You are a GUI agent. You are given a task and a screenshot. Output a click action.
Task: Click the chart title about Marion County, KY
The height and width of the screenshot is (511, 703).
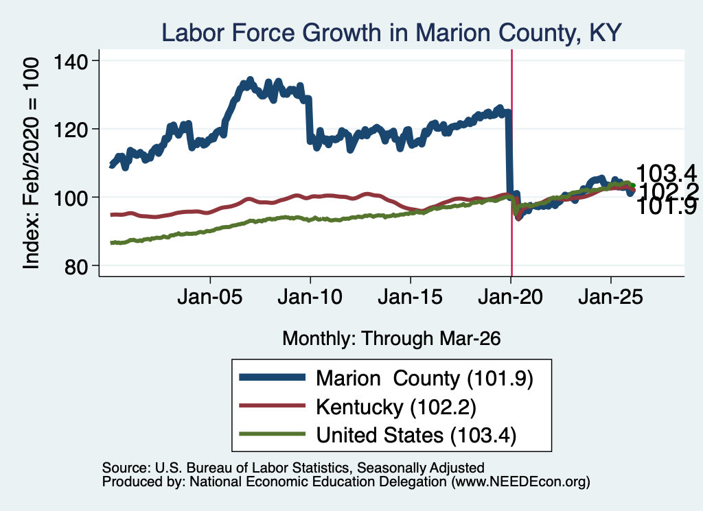(x=391, y=33)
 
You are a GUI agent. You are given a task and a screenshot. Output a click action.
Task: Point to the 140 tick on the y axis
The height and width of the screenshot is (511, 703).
(x=71, y=61)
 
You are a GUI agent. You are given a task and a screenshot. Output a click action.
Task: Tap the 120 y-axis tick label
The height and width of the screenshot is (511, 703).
(x=71, y=130)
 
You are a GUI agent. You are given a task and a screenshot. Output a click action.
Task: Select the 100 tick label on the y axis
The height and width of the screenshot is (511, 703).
(x=71, y=198)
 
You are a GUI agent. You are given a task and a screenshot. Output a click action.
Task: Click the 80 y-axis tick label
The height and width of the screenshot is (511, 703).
(x=76, y=266)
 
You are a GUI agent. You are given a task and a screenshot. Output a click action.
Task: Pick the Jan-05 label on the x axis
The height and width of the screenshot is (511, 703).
(x=210, y=297)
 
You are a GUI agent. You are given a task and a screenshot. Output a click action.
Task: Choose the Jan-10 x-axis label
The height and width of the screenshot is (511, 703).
(x=310, y=297)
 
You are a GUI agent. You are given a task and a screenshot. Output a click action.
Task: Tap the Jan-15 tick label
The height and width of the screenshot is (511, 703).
(x=411, y=297)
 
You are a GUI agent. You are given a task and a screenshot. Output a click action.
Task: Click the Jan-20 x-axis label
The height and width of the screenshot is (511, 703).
(x=511, y=297)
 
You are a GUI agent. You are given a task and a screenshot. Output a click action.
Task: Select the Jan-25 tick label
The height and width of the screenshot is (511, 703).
(x=610, y=297)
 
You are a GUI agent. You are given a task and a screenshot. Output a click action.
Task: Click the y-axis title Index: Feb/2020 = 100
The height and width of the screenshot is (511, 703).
(x=31, y=163)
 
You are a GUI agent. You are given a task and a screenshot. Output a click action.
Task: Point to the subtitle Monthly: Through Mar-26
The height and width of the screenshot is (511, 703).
(x=391, y=339)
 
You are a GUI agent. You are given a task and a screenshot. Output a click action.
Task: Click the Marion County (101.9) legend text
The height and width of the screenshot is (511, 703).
(x=424, y=379)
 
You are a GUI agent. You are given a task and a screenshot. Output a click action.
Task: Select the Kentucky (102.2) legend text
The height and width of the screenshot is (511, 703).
(x=396, y=407)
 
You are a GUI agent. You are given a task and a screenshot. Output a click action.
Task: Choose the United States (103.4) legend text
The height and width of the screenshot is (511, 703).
(x=416, y=435)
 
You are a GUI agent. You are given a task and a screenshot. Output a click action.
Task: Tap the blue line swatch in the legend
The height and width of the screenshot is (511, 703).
(x=272, y=377)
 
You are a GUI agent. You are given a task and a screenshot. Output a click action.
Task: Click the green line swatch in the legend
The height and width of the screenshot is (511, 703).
(x=272, y=434)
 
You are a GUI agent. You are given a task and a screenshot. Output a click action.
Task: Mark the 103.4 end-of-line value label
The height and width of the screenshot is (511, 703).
(x=666, y=173)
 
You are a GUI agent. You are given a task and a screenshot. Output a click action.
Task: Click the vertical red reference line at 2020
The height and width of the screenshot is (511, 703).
(x=511, y=163)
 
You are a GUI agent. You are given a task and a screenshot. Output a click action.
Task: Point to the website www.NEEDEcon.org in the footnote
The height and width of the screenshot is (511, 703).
(x=520, y=482)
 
